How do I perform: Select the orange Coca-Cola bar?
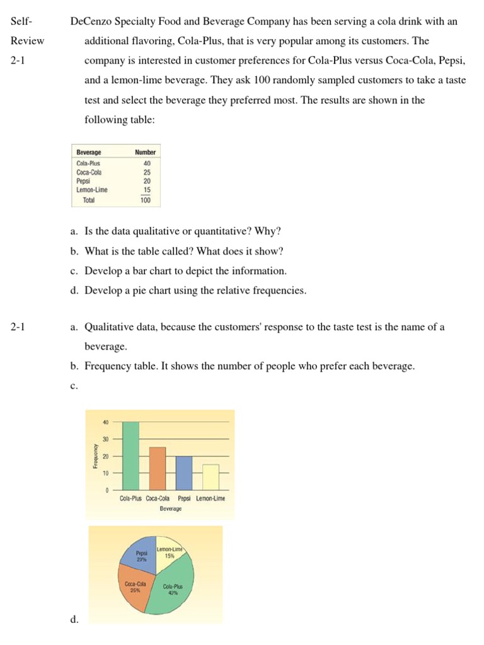157,469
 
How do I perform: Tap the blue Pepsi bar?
183,473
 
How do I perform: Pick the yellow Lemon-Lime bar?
210,477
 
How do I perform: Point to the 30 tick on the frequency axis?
107,438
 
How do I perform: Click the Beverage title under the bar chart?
170,508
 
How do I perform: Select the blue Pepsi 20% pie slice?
141,554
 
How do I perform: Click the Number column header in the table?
145,152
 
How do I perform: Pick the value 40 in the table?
147,163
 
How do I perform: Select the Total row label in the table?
88,200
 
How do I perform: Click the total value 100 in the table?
146,200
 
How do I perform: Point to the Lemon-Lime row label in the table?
92,190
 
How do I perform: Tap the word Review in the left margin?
27,41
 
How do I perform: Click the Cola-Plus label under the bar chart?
131,498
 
